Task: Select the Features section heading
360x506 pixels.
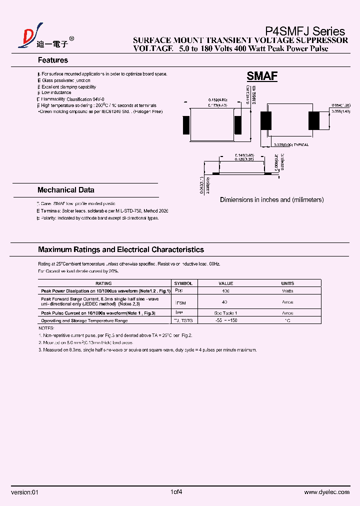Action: (x=53, y=60)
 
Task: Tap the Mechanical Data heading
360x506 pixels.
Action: (x=65, y=190)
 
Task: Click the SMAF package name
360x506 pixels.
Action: (x=262, y=76)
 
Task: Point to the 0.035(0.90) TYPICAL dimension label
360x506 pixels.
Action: (x=291, y=144)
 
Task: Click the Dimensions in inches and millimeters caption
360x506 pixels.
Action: (x=271, y=199)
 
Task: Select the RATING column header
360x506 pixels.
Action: (x=103, y=283)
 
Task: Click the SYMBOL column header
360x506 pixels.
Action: (x=183, y=283)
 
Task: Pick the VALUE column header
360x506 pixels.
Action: (x=226, y=283)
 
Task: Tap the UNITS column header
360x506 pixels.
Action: (x=287, y=283)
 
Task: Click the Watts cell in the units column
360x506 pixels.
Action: (x=287, y=290)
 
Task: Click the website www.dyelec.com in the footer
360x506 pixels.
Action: (x=326, y=492)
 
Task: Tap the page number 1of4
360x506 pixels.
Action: (x=176, y=492)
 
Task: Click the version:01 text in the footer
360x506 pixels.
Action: (x=24, y=492)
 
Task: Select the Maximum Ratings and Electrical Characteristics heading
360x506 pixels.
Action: (x=121, y=249)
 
